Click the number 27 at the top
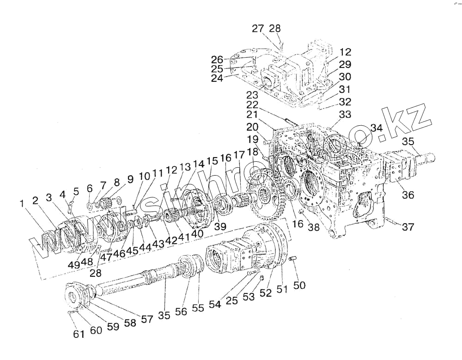click(258, 29)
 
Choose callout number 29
click(345, 65)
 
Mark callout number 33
click(345, 114)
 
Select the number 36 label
click(408, 195)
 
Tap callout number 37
click(408, 227)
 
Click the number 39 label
click(220, 226)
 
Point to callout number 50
click(299, 286)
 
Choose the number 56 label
click(181, 312)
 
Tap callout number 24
click(218, 79)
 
